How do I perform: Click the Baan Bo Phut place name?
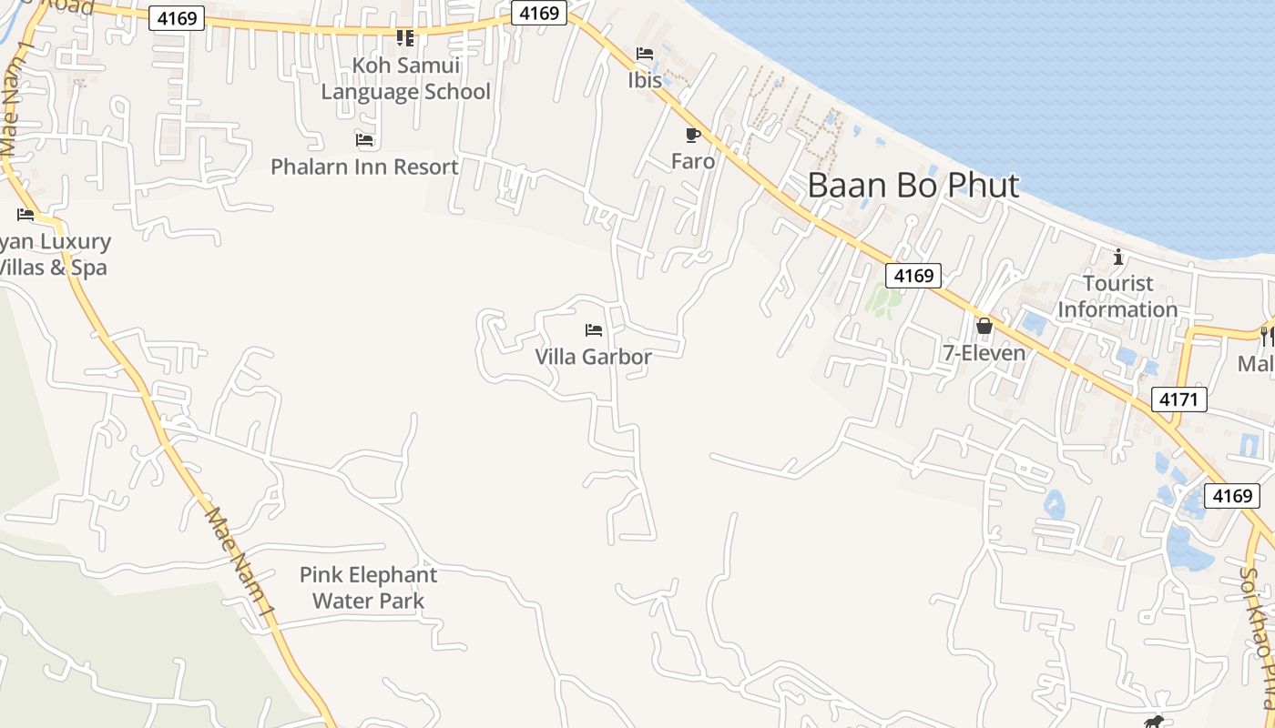[913, 186]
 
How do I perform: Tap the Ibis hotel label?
[644, 80]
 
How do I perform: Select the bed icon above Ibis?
[645, 53]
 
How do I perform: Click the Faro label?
[692, 162]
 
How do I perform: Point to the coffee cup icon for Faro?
[692, 136]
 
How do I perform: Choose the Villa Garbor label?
[593, 357]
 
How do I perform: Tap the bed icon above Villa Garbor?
[594, 329]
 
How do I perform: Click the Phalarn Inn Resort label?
[364, 167]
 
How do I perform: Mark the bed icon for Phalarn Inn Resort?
[364, 140]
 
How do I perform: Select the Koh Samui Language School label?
[405, 79]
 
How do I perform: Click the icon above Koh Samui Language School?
[405, 38]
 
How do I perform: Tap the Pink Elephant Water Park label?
[368, 588]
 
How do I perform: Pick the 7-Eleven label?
[984, 353]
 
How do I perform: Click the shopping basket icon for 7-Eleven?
[984, 326]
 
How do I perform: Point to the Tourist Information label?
[1117, 297]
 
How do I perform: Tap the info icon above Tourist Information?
[1118, 258]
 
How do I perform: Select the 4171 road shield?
[1178, 399]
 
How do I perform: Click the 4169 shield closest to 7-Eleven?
[913, 276]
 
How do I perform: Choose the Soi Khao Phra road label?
[1258, 637]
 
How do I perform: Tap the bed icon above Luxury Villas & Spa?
[25, 215]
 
